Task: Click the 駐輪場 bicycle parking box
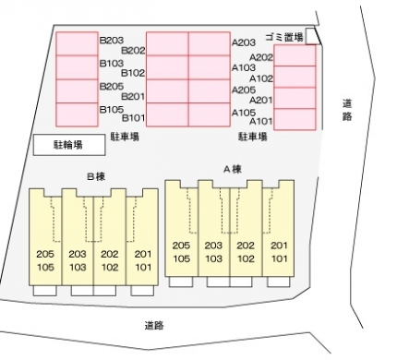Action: pyautogui.click(x=69, y=145)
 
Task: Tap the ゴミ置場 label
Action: pyautogui.click(x=284, y=37)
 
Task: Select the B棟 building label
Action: pyautogui.click(x=96, y=176)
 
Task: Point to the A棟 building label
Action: pyautogui.click(x=233, y=169)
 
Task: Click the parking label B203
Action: pyautogui.click(x=112, y=41)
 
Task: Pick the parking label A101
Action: pyautogui.click(x=261, y=121)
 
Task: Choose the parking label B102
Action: pyautogui.click(x=133, y=73)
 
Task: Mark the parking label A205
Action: pyautogui.click(x=244, y=90)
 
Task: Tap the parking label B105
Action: pyautogui.click(x=112, y=109)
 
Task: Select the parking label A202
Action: pyautogui.click(x=261, y=57)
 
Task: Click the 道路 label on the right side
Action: pyautogui.click(x=347, y=110)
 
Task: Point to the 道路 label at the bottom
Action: pyautogui.click(x=154, y=325)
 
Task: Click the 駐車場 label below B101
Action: pyautogui.click(x=125, y=137)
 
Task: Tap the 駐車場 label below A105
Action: pyautogui.click(x=253, y=137)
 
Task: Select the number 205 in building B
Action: pyautogui.click(x=45, y=254)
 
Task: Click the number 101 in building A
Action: pyautogui.click(x=279, y=258)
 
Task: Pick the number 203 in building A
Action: pyautogui.click(x=213, y=246)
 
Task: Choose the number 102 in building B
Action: pyautogui.click(x=110, y=267)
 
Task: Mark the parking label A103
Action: pyautogui.click(x=244, y=67)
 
